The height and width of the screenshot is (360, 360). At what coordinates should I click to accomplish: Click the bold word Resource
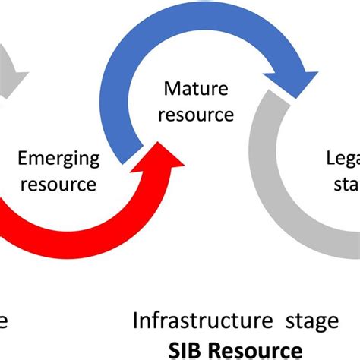[262, 350]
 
